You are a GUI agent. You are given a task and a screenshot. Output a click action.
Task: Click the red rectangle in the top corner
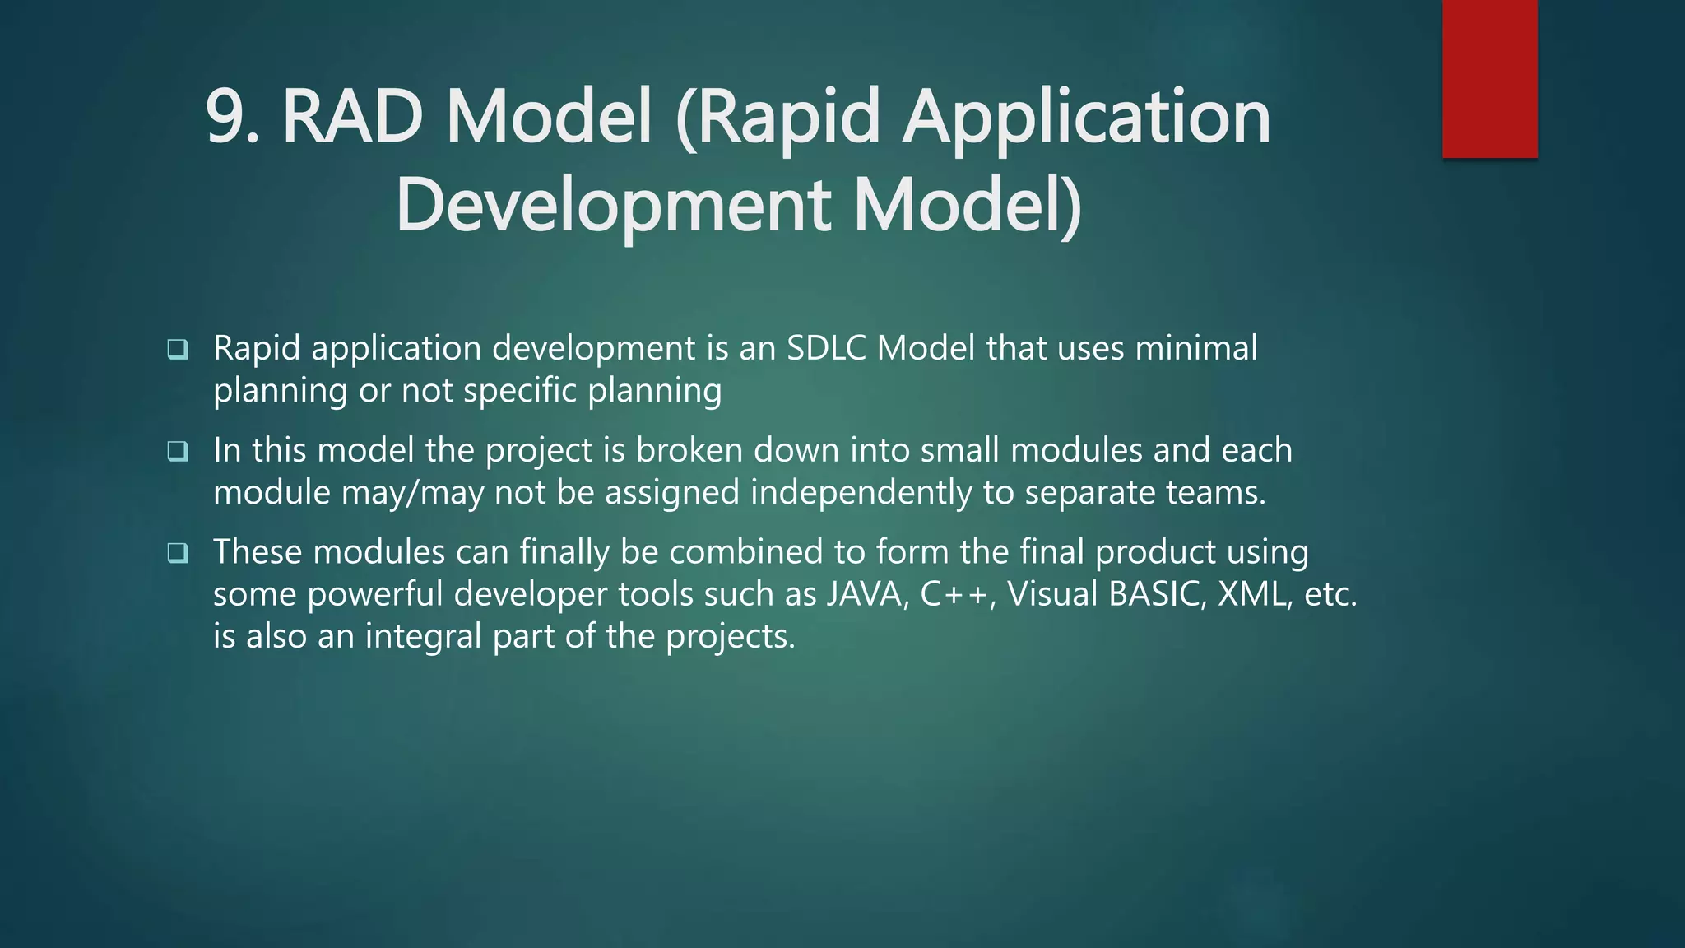click(1489, 79)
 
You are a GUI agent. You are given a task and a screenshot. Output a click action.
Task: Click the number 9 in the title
click(225, 117)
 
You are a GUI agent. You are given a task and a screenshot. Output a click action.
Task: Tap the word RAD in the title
click(352, 117)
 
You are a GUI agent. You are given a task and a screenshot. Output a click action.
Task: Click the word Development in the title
click(613, 206)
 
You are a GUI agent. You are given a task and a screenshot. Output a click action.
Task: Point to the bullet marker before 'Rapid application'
click(178, 350)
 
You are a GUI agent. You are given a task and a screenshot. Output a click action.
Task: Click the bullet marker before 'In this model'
click(178, 452)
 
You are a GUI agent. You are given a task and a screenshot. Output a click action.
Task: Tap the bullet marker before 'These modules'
click(178, 553)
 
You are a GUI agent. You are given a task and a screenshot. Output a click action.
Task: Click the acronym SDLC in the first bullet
click(827, 348)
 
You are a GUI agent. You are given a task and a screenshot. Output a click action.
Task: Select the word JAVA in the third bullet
click(866, 594)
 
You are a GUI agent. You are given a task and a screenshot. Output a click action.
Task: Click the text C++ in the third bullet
click(954, 594)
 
